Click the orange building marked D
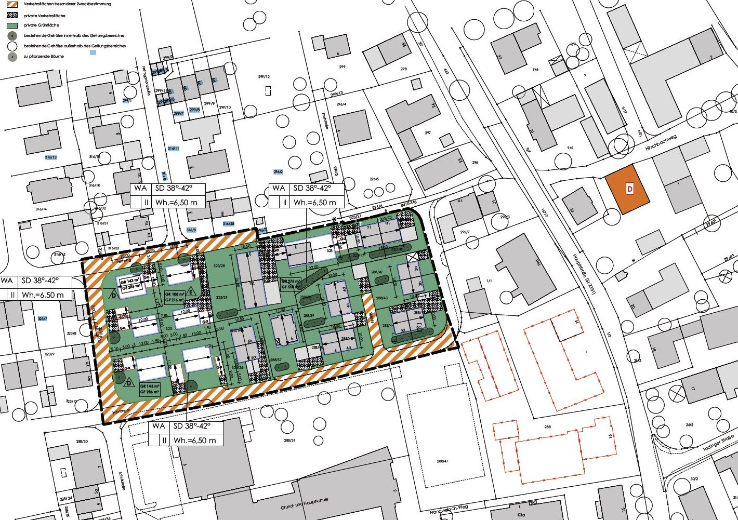628,189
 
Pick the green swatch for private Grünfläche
12,25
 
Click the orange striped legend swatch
12,5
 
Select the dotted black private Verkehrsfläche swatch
12,15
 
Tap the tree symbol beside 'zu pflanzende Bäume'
12,57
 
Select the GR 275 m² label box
291,284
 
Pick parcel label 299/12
263,77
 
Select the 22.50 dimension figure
314,268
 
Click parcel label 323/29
222,298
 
